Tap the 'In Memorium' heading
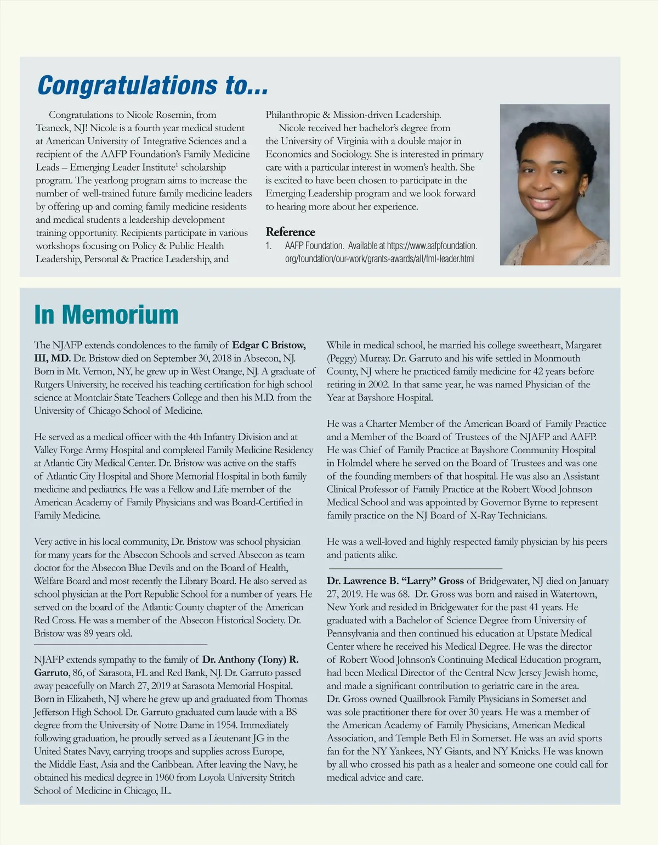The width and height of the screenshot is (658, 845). [x=106, y=314]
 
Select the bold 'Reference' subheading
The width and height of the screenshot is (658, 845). [x=290, y=232]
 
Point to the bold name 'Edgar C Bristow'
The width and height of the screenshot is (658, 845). [x=269, y=345]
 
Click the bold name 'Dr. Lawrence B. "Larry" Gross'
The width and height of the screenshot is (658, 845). [x=395, y=581]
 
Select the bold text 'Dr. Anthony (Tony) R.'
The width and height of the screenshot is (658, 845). [x=250, y=660]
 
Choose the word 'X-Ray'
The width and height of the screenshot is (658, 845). [x=483, y=515]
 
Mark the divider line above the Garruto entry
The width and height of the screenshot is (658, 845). [x=121, y=644]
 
